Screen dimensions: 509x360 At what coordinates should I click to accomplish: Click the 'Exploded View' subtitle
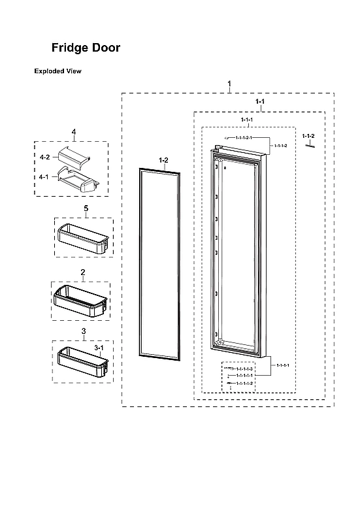57,71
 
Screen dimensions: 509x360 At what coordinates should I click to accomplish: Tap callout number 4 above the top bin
74,132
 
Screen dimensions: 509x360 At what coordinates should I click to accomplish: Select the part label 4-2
44,157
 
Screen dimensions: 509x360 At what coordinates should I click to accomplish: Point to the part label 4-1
44,176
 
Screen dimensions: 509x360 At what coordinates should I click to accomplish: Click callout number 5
86,208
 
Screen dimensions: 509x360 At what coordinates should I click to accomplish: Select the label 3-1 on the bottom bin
99,349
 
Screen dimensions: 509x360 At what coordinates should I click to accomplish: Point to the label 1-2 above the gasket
163,159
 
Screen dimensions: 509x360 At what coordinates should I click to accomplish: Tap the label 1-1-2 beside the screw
309,136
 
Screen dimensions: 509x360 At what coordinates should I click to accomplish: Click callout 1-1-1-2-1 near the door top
242,138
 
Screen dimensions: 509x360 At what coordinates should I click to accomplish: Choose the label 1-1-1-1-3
245,370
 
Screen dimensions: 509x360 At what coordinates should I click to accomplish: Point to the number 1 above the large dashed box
229,84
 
